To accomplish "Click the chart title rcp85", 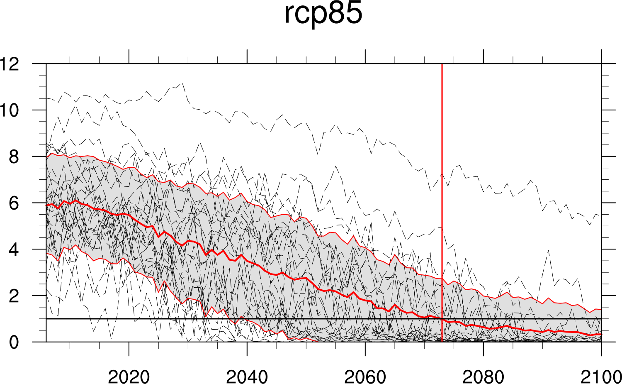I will [323, 14].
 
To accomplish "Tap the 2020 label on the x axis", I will [129, 377].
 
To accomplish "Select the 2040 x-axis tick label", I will [247, 377].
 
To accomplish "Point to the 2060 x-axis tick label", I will [365, 377].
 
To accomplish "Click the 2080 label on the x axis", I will [483, 377].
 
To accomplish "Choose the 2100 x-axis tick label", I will [601, 377].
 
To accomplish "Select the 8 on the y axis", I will [14, 157].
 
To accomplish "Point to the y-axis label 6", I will [14, 203].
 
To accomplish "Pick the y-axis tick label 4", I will [14, 249].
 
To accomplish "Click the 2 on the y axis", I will [14, 296].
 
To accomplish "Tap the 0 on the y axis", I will [14, 342].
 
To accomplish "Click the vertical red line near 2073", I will [442, 166].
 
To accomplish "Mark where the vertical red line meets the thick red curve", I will [442, 319].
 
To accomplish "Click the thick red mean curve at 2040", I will [247, 261].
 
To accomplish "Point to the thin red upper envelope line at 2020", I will [129, 167].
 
